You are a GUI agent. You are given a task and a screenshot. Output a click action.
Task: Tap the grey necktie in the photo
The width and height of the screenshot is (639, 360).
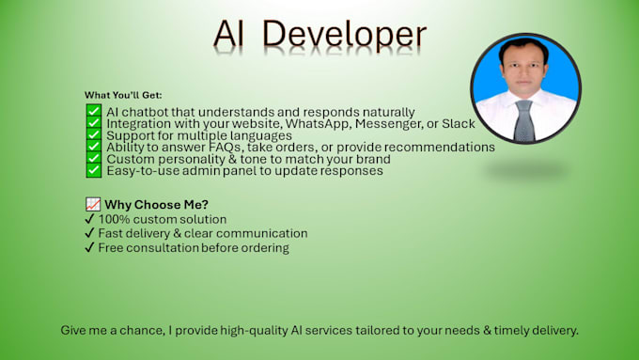click(x=524, y=121)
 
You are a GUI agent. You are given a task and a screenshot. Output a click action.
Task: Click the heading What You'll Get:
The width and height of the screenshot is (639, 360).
click(x=123, y=95)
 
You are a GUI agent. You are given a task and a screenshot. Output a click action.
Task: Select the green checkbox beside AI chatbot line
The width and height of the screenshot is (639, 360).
click(x=94, y=111)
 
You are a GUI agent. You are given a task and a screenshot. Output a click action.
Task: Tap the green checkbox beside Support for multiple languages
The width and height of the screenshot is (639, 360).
click(x=94, y=134)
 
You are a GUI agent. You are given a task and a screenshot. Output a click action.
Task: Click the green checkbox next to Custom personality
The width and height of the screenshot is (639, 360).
click(x=94, y=158)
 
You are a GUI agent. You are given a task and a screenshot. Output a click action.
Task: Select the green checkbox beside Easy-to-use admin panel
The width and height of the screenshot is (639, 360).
click(x=94, y=170)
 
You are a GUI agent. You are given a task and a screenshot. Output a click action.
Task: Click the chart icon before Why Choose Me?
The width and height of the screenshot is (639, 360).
click(x=93, y=204)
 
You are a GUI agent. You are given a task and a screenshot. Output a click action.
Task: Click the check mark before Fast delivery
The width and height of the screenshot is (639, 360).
click(x=89, y=233)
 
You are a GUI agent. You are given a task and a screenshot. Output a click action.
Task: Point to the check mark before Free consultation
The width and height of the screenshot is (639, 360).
click(x=89, y=247)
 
